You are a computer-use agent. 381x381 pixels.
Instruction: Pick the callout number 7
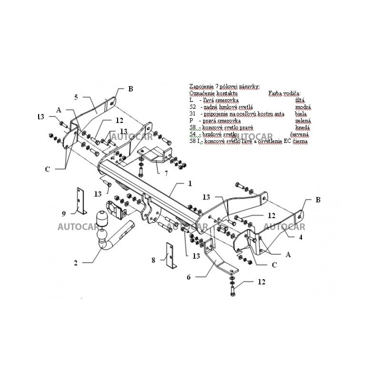click(x=166, y=174)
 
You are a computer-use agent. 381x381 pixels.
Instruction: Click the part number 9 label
click(x=63, y=213)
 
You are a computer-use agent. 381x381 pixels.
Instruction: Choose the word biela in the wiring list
click(x=300, y=114)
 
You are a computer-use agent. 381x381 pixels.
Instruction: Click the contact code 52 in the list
click(x=192, y=108)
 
